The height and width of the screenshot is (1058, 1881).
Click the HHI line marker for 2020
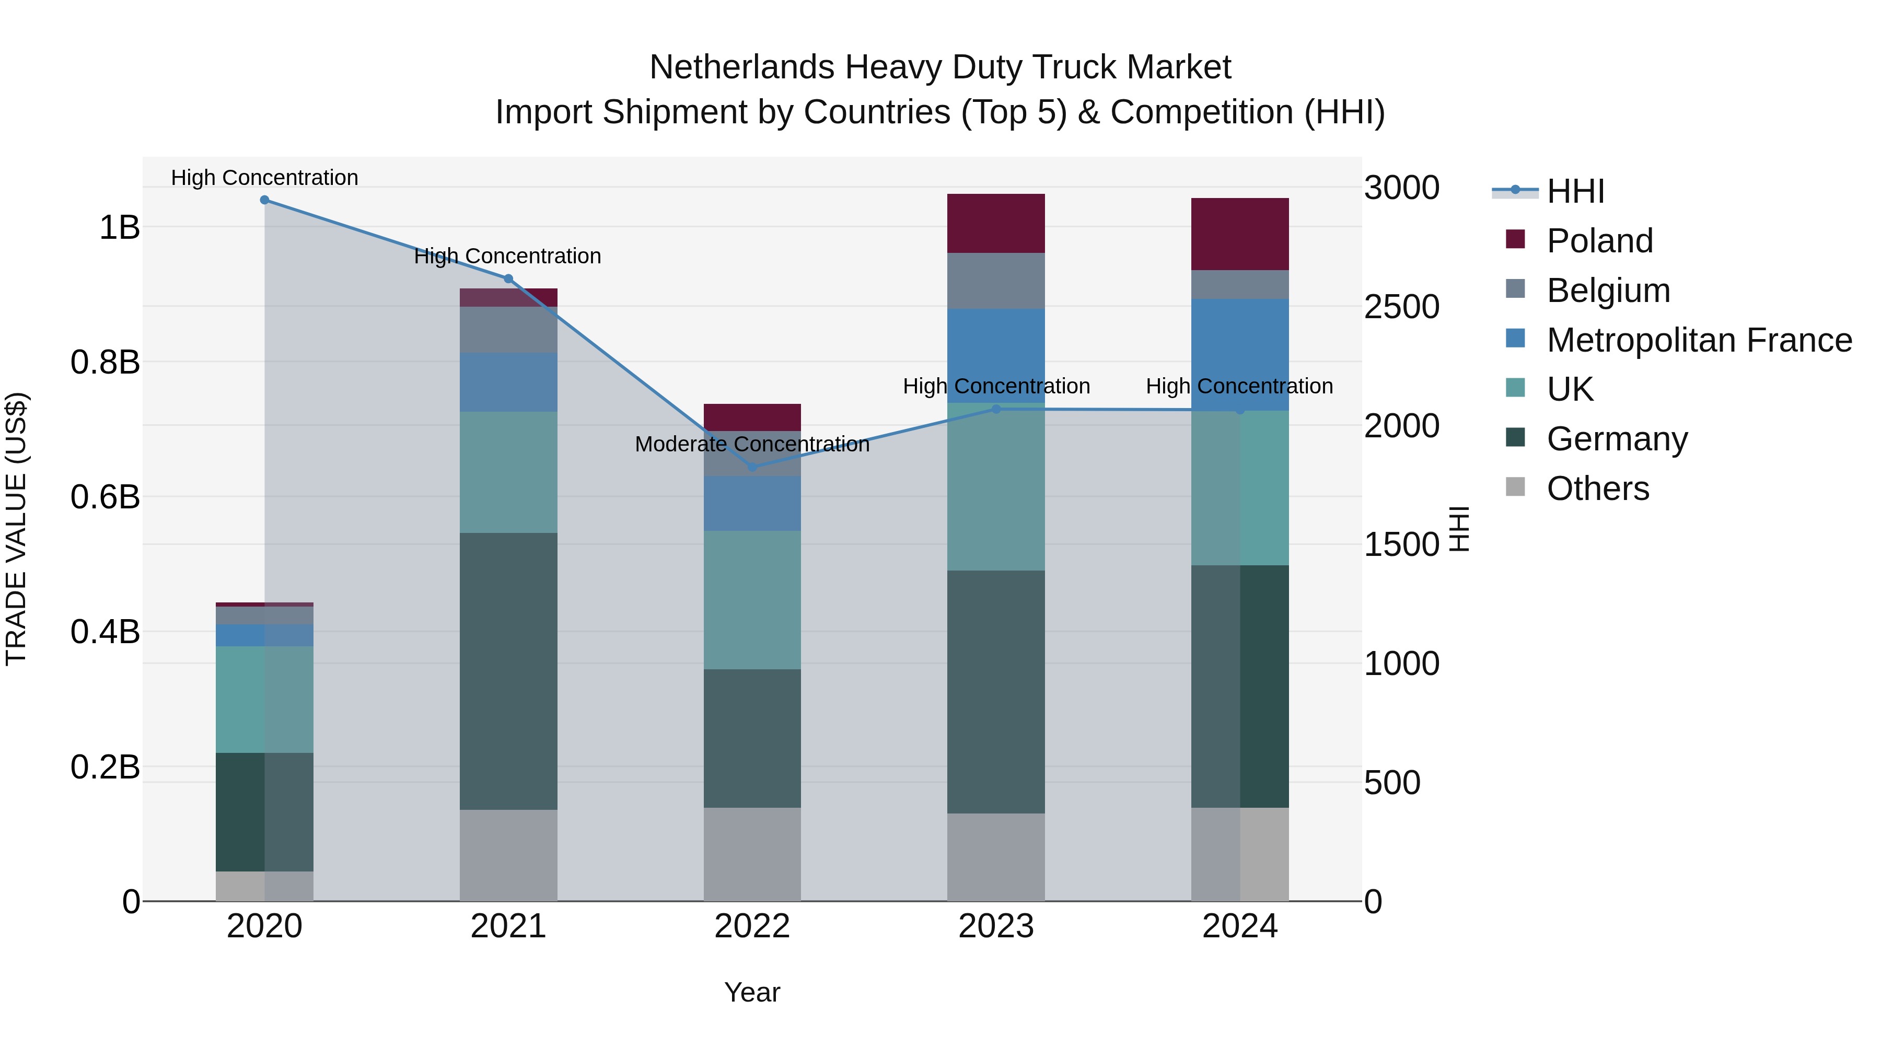tap(264, 200)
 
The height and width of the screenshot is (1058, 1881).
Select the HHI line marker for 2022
tap(752, 467)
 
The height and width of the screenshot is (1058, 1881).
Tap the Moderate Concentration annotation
tap(752, 444)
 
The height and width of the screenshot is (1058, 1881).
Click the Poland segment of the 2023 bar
tap(995, 224)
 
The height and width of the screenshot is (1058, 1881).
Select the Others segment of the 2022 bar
tap(752, 854)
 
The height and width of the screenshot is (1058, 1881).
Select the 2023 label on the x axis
tap(995, 926)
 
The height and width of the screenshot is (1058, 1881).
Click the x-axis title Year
tap(752, 992)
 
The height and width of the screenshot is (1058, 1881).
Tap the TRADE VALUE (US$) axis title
tap(16, 529)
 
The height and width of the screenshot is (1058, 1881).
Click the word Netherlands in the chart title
tap(741, 67)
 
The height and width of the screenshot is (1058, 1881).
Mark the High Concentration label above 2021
tap(507, 257)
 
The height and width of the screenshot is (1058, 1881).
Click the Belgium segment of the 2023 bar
tap(995, 281)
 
